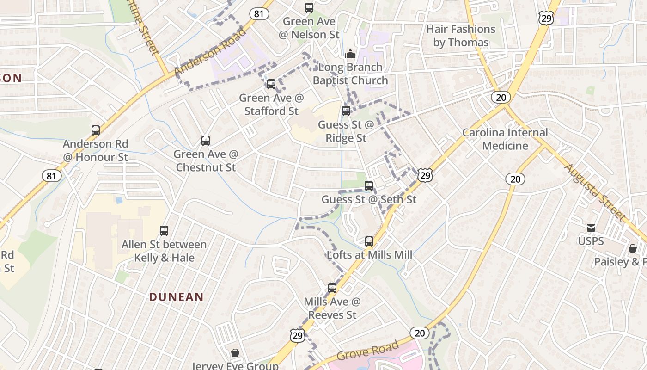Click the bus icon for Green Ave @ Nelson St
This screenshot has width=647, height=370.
[x=309, y=8]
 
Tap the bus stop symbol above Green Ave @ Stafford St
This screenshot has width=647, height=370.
[x=271, y=84]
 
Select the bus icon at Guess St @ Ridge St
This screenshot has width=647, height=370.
[x=346, y=111]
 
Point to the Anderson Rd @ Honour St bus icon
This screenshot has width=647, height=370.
[x=96, y=130]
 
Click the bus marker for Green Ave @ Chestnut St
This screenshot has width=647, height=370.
[x=206, y=141]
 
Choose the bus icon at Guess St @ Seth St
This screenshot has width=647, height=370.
[x=369, y=186]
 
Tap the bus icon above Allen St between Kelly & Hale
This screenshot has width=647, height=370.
[x=164, y=231]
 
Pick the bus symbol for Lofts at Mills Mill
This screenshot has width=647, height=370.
[x=369, y=241]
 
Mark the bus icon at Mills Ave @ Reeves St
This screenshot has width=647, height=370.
[x=332, y=288]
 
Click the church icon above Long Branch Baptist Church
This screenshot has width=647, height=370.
[x=350, y=54]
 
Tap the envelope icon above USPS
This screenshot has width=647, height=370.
[x=591, y=228]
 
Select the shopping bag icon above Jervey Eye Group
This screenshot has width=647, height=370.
[x=235, y=353]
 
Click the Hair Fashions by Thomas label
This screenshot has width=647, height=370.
[x=461, y=36]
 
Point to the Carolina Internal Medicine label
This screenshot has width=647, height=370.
[x=505, y=139]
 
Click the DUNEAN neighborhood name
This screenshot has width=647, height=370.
[x=176, y=297]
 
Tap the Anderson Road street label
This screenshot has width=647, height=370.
[x=210, y=52]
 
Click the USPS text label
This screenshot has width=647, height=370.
[x=591, y=241]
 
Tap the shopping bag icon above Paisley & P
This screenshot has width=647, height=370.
[x=633, y=249]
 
